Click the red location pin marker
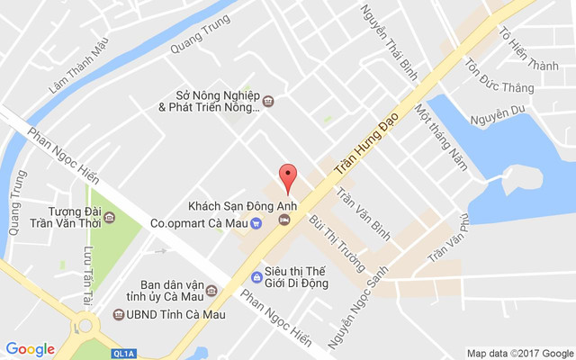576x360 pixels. pos(287,176)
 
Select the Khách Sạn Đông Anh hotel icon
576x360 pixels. pos(284,219)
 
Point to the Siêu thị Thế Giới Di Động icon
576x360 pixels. pos(256,274)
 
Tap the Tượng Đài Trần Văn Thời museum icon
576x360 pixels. pos(109,217)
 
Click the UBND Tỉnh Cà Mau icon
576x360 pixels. pos(119,315)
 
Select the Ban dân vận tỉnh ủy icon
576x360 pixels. pos(211,290)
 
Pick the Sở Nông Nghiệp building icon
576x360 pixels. pos(267,101)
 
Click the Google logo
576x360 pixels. pos(31,349)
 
